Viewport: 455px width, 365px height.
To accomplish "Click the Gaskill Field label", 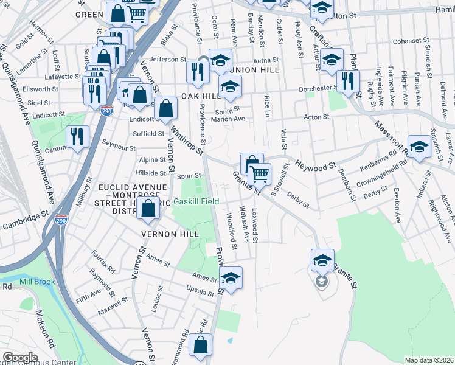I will pos(197,201).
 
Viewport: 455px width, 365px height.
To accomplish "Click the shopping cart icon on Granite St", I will pos(260,173).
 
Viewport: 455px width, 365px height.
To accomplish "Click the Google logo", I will pos(20,358).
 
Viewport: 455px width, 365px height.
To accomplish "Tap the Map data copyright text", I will pos(429,360).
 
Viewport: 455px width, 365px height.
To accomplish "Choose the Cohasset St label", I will pos(394,41).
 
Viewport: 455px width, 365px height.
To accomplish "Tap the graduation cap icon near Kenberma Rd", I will pos(419,146).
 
